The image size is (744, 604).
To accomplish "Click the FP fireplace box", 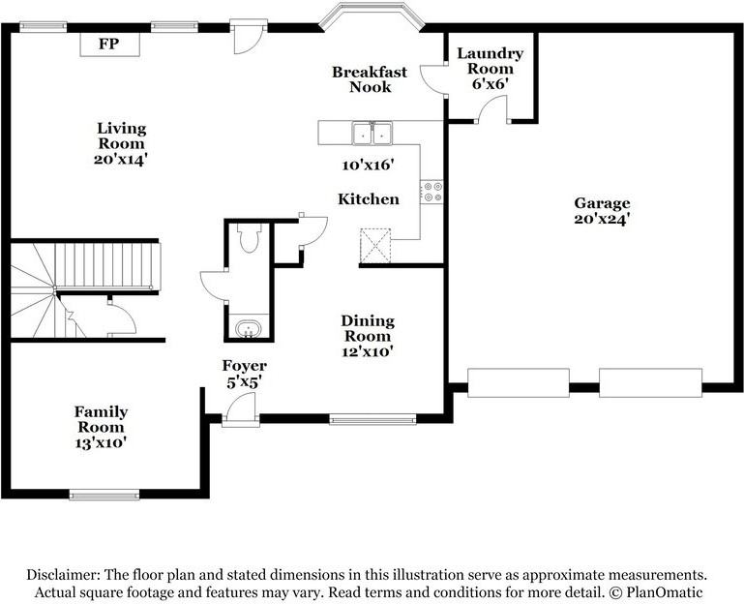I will click(108, 45).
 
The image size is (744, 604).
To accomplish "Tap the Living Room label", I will click(121, 128).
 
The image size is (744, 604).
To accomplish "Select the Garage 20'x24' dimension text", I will click(602, 219).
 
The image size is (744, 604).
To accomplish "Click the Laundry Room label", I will click(490, 61).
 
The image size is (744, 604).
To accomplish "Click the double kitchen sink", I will click(372, 133).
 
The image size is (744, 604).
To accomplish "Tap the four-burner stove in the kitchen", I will click(432, 192).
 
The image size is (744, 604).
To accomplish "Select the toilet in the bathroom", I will click(250, 238).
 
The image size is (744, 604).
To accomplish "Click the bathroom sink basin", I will click(250, 330).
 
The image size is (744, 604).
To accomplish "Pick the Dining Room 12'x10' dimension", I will click(368, 350).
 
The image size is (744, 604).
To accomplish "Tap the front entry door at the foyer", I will click(240, 414).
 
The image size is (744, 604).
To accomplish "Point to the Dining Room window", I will click(372, 419).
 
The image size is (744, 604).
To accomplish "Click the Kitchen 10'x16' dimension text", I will click(368, 166).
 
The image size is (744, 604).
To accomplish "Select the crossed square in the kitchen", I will click(374, 246).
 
